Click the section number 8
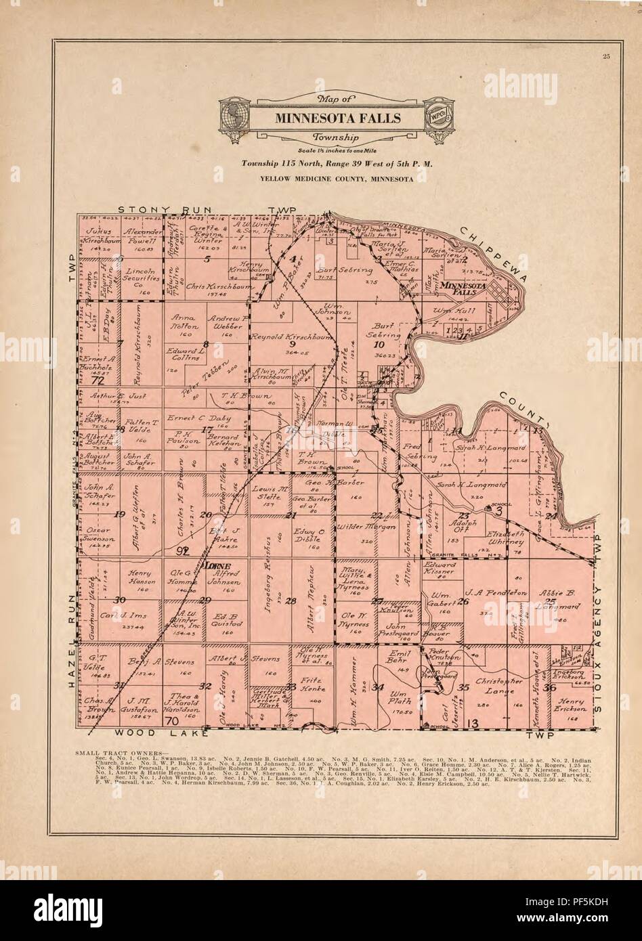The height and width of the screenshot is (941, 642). point(205,345)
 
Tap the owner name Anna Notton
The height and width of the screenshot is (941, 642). point(184,321)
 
